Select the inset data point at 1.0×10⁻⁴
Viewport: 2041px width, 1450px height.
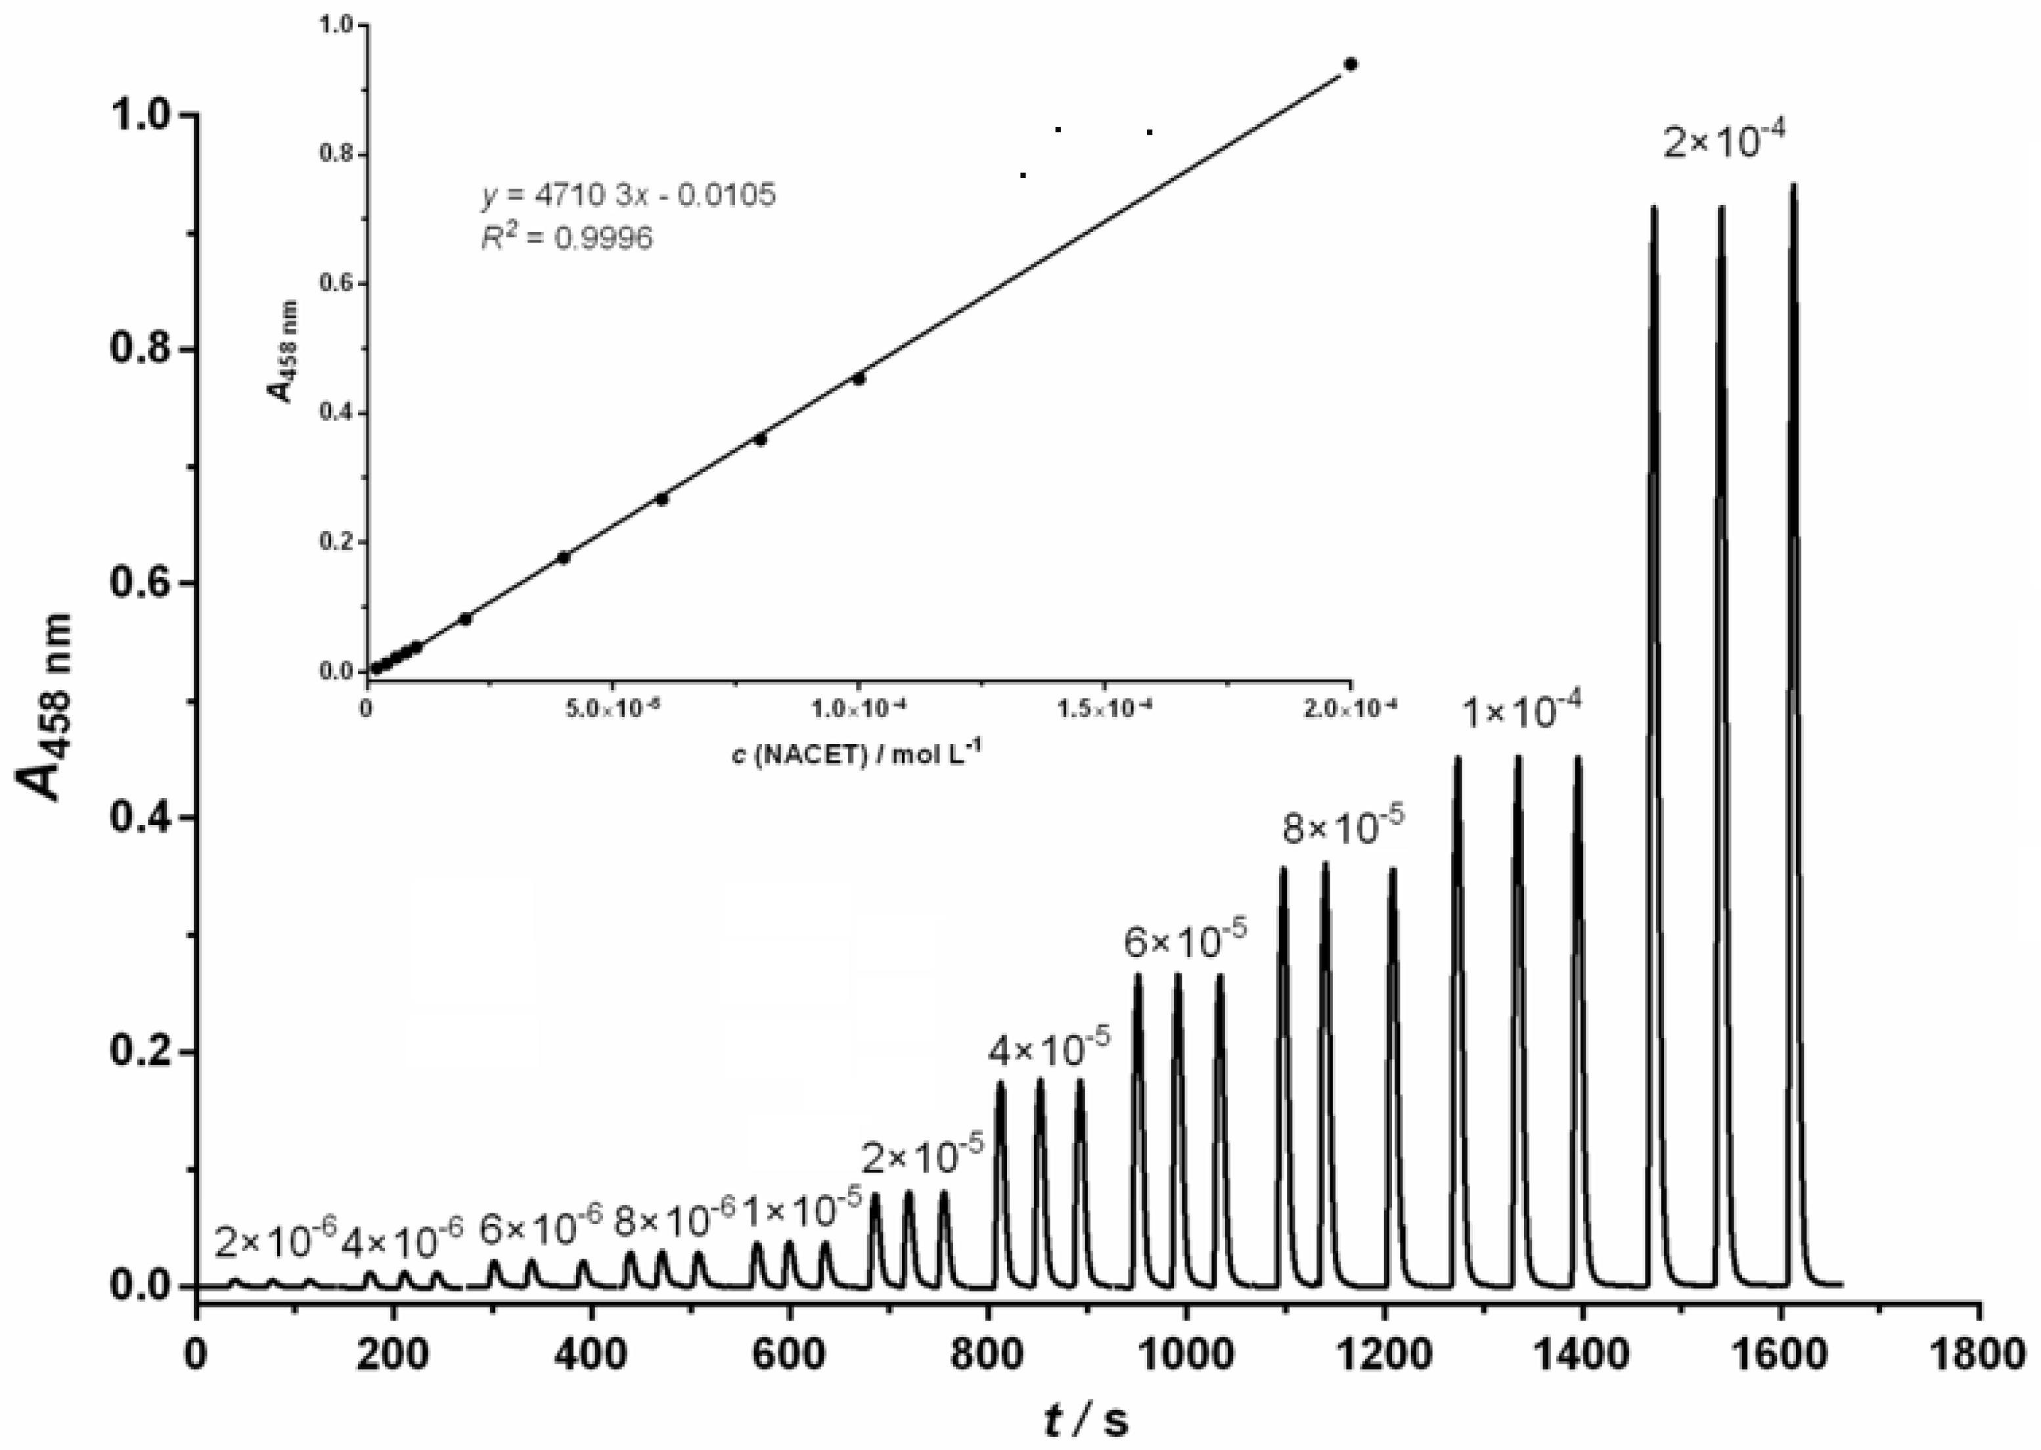859,379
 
